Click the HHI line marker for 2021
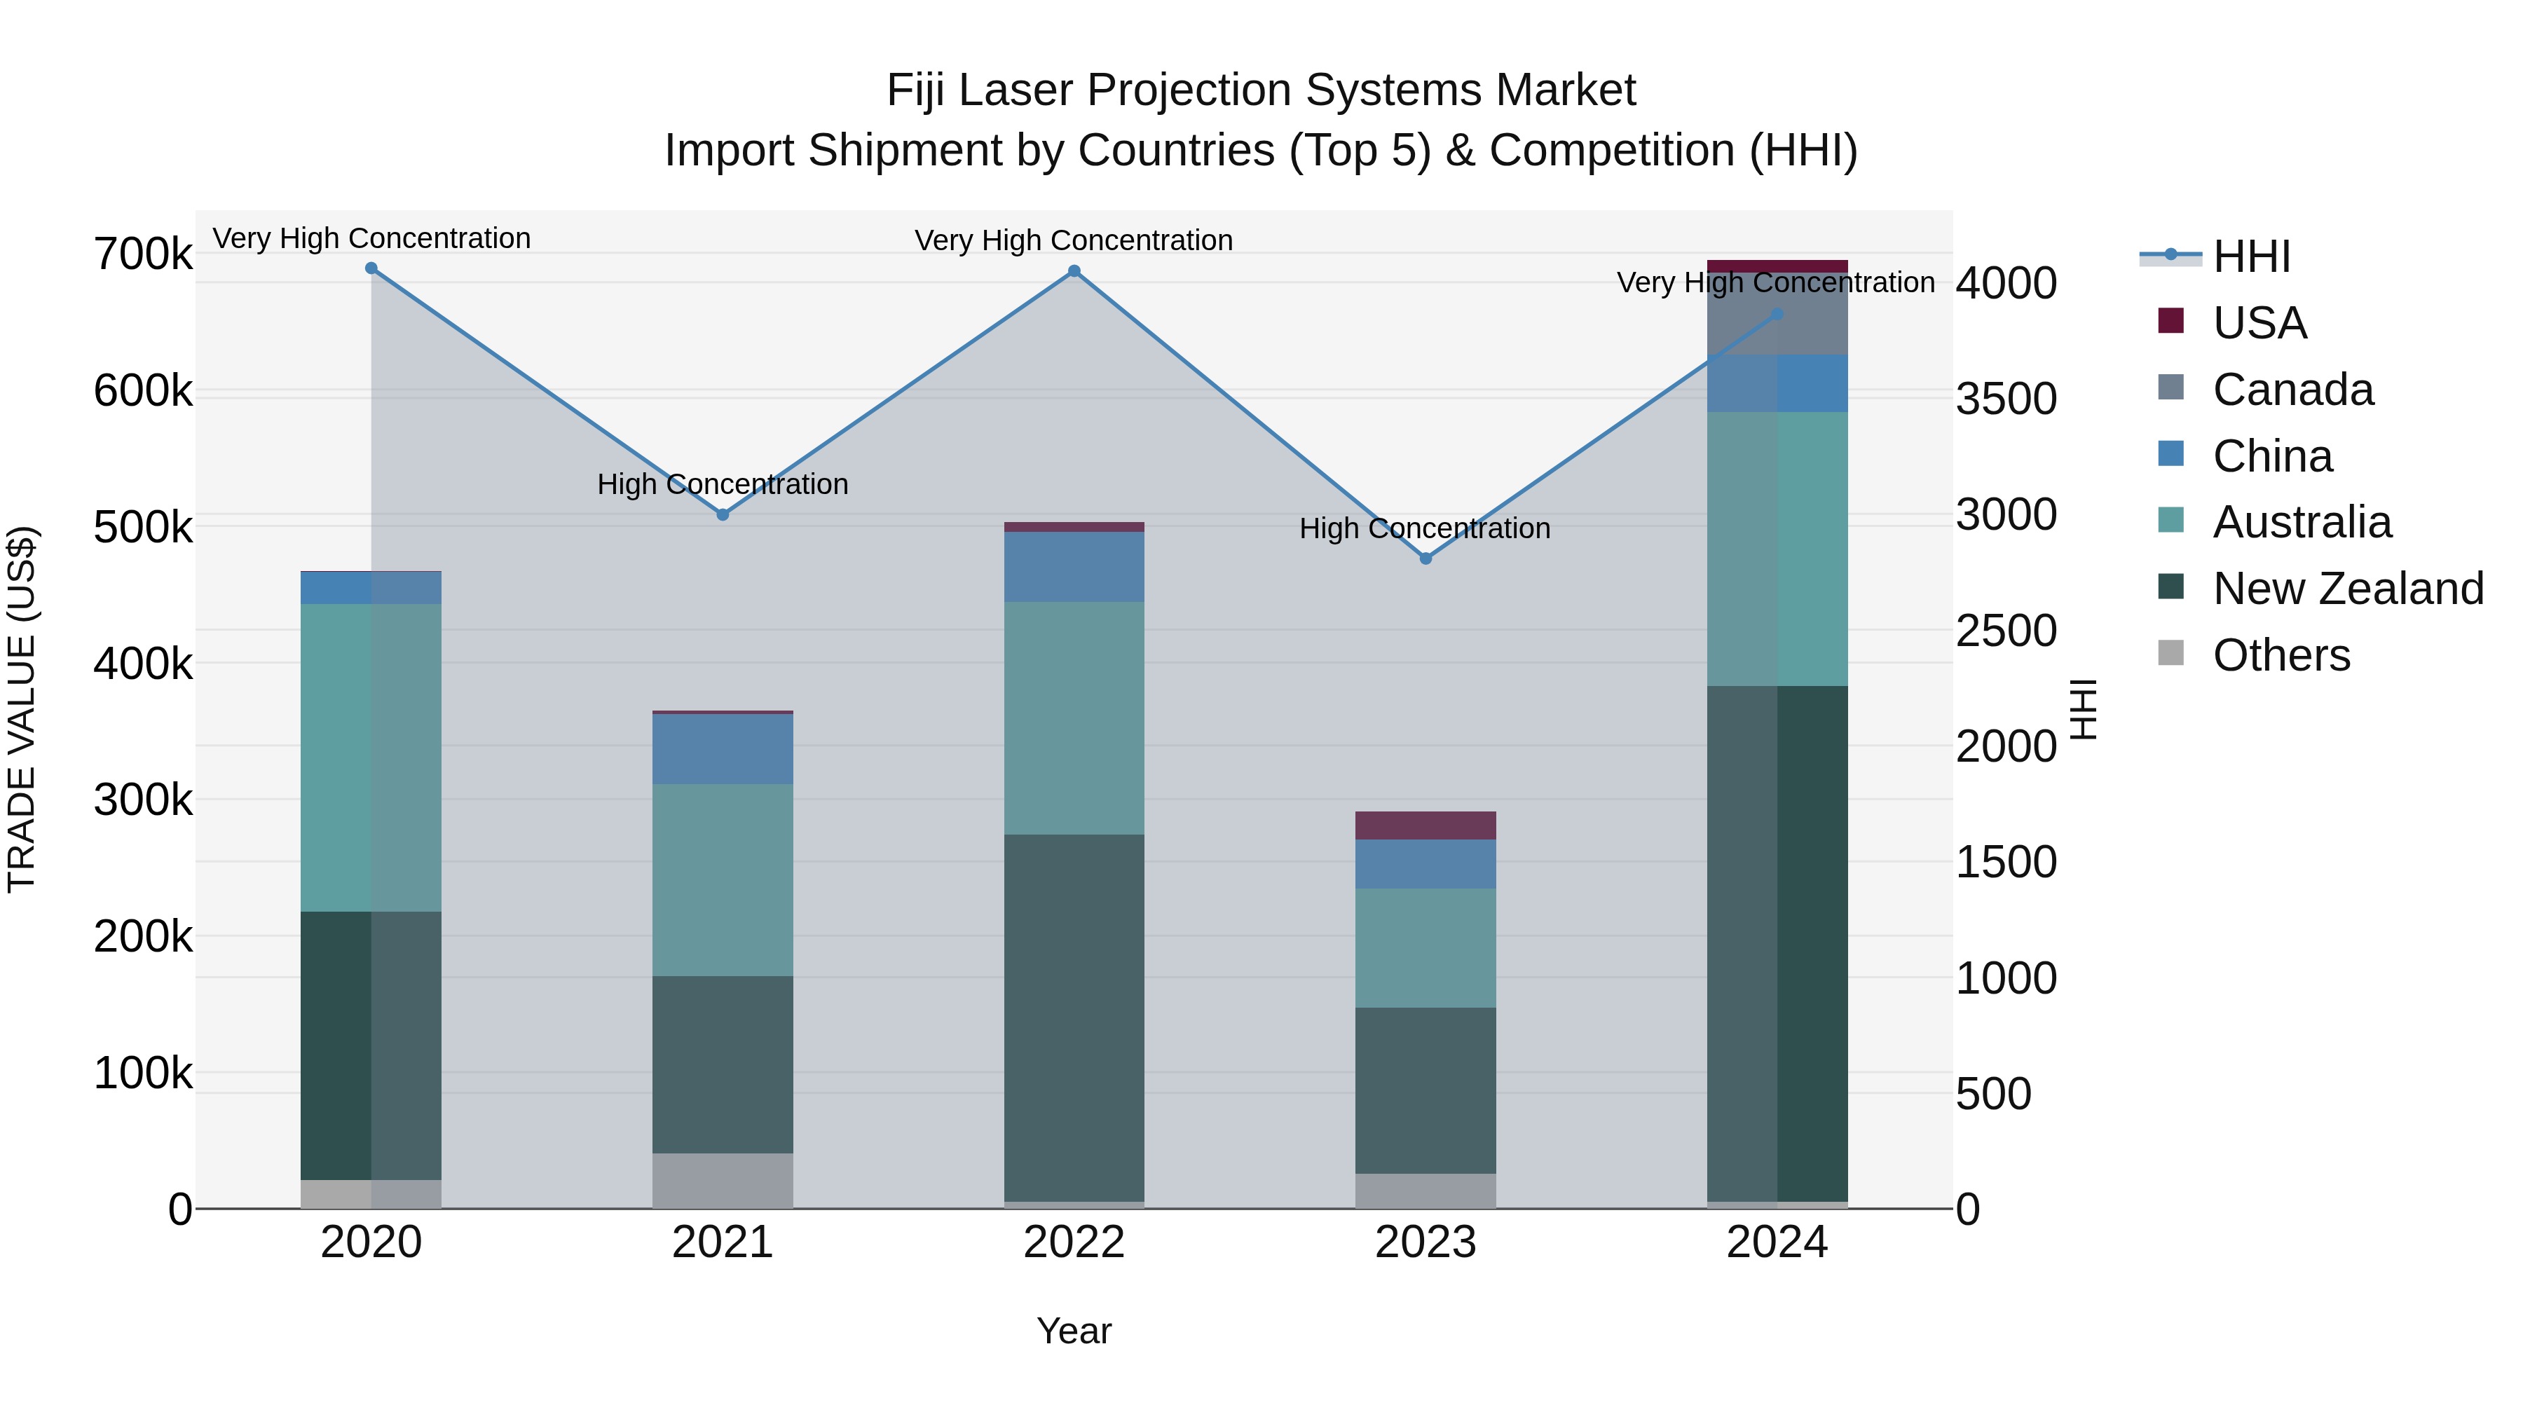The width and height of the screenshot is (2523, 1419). click(x=723, y=514)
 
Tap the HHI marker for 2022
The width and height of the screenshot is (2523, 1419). click(x=1074, y=271)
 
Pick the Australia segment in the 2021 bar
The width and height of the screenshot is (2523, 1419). click(x=723, y=879)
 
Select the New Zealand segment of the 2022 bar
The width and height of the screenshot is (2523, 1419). click(x=1074, y=1017)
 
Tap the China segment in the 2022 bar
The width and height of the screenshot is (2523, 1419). click(x=1074, y=567)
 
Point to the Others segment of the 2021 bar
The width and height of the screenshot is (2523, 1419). click(x=723, y=1180)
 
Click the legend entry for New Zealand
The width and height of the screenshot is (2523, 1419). click(x=2346, y=589)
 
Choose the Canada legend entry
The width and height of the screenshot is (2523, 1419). click(x=2292, y=390)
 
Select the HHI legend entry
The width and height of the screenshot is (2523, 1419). click(x=2250, y=256)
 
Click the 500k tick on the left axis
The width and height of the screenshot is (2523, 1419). click(x=143, y=528)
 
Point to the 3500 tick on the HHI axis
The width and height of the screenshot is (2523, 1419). click(x=2006, y=399)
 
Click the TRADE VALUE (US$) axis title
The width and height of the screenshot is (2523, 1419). click(x=22, y=709)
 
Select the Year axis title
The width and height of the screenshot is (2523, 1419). click(x=1074, y=1331)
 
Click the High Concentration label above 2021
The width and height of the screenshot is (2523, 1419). click(x=723, y=484)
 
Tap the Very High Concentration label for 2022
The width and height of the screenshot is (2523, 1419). click(x=1074, y=240)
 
